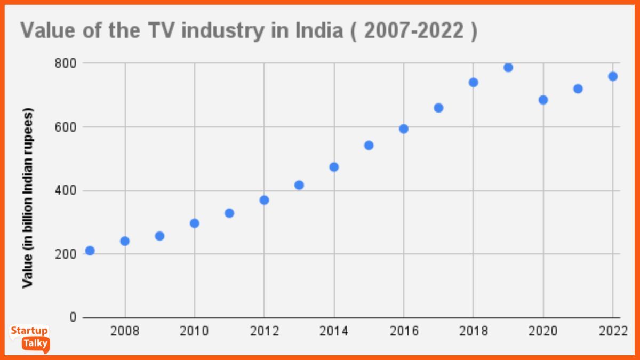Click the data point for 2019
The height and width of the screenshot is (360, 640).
pos(508,67)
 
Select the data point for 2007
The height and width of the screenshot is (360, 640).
pos(90,251)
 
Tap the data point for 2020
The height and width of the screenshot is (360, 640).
pos(543,100)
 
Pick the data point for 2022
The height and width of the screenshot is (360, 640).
pos(613,76)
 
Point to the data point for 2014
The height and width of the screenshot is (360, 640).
pos(334,167)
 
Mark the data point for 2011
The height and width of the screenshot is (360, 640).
pos(229,213)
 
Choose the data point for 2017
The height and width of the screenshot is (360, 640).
pos(438,108)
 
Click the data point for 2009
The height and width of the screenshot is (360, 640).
pos(159,236)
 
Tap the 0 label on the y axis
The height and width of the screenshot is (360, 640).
pos(73,318)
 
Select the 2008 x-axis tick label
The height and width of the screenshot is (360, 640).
pos(125,332)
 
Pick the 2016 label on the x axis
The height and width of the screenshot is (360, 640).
pos(404,332)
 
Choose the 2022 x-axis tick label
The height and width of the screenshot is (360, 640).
pos(612,332)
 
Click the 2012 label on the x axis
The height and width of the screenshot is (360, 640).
pos(264,332)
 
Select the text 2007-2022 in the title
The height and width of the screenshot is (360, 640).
pos(413,31)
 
